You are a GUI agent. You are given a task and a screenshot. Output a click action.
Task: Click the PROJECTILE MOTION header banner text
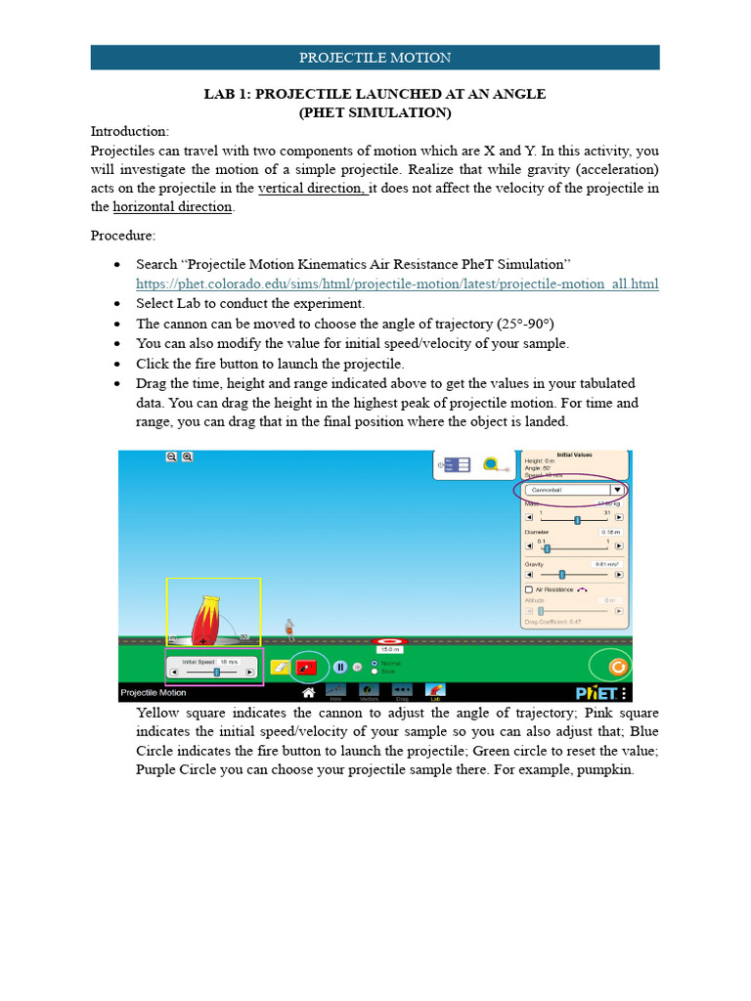click(375, 58)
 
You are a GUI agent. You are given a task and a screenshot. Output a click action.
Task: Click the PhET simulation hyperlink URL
click(396, 283)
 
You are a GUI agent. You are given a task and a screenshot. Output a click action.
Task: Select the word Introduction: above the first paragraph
click(130, 131)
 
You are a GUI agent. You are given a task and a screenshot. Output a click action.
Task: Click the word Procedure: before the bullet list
click(123, 236)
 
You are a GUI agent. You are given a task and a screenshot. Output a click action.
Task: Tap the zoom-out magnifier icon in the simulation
click(171, 457)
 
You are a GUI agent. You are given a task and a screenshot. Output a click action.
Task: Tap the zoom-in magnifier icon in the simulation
click(187, 457)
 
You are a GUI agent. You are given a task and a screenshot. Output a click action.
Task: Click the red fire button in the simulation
click(307, 668)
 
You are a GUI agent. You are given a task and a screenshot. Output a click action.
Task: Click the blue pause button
click(340, 668)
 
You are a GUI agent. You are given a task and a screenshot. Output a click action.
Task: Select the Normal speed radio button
click(375, 663)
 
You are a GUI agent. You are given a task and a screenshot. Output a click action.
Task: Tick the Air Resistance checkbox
click(529, 589)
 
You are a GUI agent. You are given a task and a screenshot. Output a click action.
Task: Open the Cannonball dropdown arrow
click(616, 489)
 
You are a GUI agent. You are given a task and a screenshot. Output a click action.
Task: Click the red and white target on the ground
click(391, 642)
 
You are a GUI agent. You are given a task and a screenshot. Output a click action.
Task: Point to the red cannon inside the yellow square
click(209, 619)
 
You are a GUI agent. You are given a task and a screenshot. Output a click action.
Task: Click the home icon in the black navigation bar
click(308, 692)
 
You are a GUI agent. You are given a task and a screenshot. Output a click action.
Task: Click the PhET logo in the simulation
click(595, 692)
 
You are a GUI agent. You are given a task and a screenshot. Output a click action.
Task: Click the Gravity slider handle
click(561, 576)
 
